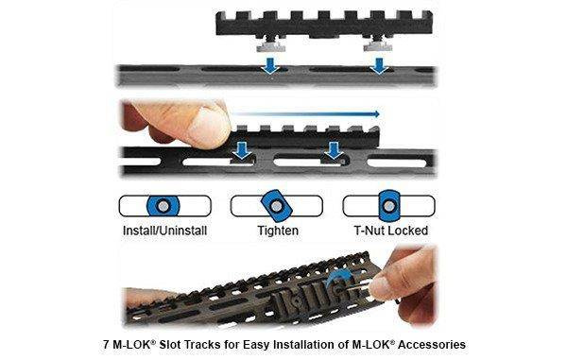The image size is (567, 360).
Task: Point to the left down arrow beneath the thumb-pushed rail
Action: (244, 151)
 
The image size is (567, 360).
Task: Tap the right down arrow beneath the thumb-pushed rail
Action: (333, 151)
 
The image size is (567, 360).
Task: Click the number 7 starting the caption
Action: (104, 344)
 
